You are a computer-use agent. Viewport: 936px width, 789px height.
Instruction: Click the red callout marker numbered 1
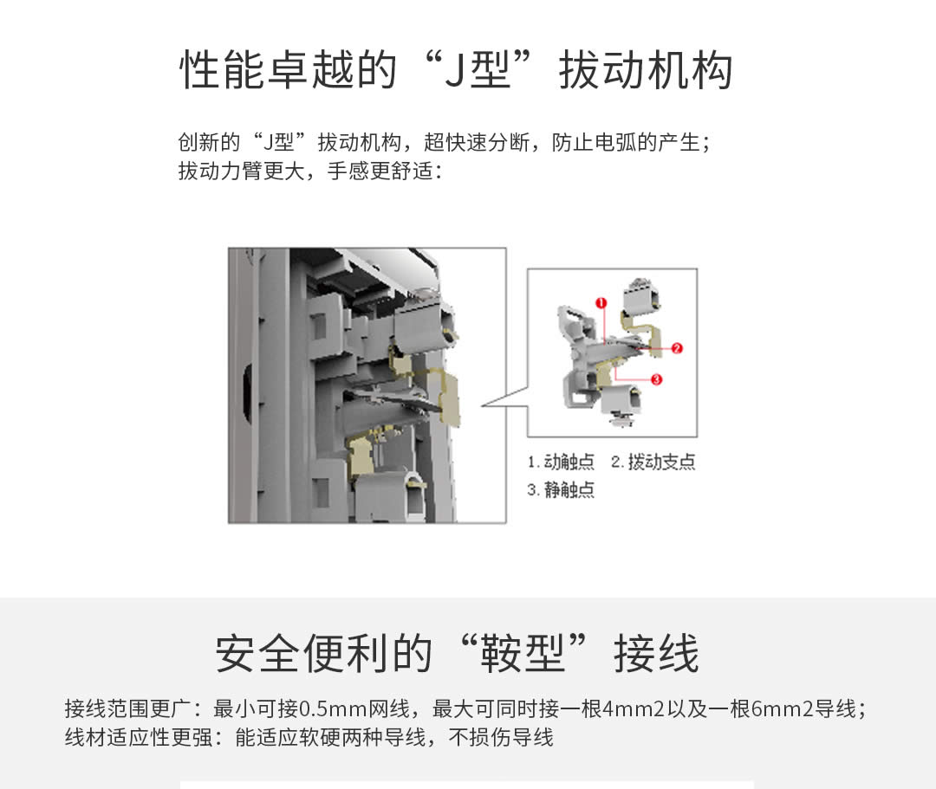tap(601, 302)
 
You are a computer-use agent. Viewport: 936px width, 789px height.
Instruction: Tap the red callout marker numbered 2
tap(677, 348)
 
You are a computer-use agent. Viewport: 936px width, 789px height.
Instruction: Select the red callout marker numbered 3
tap(656, 379)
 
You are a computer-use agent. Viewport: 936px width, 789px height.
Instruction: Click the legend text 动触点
tap(569, 462)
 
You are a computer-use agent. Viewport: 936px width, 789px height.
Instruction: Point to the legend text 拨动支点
tap(662, 462)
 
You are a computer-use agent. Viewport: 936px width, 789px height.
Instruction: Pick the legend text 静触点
tap(569, 490)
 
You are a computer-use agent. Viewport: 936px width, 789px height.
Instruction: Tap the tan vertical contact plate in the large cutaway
tap(450, 395)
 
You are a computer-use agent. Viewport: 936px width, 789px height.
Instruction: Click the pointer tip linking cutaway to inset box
tap(483, 404)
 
